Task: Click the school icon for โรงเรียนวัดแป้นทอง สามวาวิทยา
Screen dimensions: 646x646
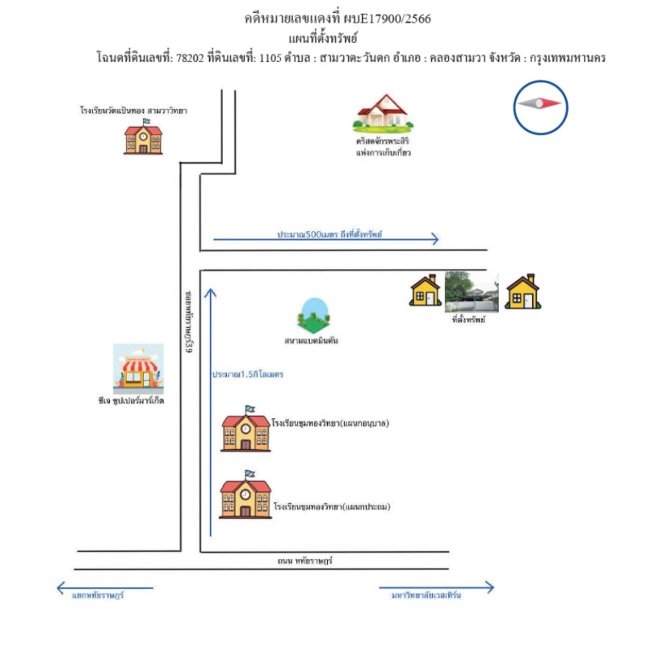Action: [x=143, y=137]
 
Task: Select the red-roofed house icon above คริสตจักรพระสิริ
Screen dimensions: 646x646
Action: [x=384, y=113]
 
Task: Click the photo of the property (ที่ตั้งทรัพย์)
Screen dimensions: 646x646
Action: [x=471, y=292]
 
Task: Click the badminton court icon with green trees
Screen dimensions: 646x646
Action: [x=314, y=316]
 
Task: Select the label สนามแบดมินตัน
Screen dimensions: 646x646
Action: [x=311, y=341]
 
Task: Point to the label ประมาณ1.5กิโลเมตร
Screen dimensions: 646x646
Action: [x=248, y=375]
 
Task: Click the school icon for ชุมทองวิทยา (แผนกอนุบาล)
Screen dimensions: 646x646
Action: [x=246, y=430]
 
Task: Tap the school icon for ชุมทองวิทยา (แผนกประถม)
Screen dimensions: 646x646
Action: [x=245, y=494]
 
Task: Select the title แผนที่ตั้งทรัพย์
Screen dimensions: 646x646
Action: [x=323, y=38]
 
